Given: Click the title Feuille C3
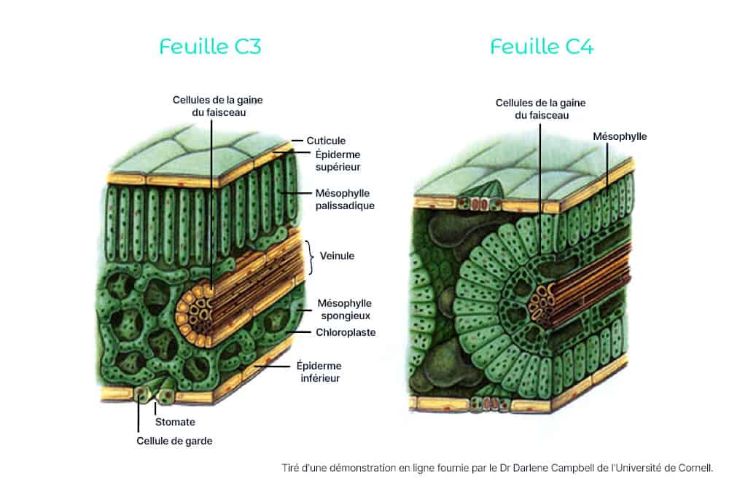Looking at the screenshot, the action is click(x=210, y=47).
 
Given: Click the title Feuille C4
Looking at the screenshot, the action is click(x=542, y=47).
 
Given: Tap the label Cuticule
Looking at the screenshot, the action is click(x=326, y=141).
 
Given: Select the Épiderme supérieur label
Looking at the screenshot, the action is click(x=338, y=160).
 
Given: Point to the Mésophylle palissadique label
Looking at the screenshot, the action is click(x=345, y=199).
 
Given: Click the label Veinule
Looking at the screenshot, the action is click(x=337, y=256).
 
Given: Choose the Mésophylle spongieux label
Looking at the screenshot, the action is click(x=345, y=309).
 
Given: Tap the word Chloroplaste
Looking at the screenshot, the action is click(x=346, y=332).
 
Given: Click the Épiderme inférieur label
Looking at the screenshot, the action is click(x=319, y=372).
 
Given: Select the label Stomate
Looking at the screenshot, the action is click(x=175, y=422).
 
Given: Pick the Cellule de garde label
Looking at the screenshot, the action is click(x=174, y=441).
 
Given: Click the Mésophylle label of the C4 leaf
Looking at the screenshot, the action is click(x=620, y=136).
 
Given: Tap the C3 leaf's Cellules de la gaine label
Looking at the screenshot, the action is click(x=217, y=106).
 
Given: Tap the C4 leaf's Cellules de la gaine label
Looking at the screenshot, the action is click(x=541, y=109).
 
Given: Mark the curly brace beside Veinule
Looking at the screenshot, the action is click(x=309, y=257).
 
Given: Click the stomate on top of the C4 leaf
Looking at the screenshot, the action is click(x=478, y=203).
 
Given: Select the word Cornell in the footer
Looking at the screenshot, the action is click(x=695, y=467).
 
